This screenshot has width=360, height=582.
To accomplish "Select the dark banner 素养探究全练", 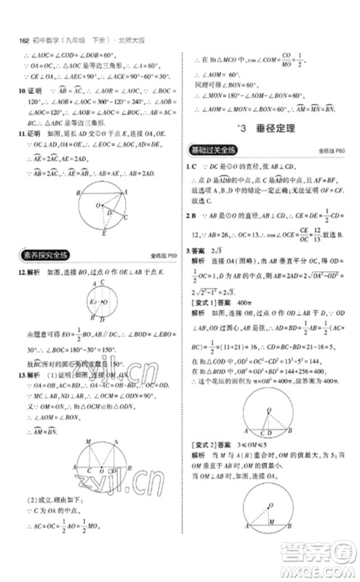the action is point(42,254).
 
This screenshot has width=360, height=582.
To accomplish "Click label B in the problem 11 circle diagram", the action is point(77,192).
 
